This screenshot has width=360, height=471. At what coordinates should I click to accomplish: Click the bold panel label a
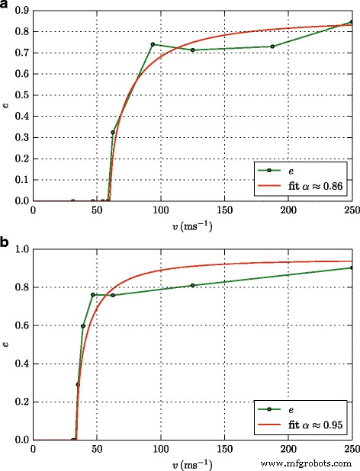pyautogui.click(x=6, y=6)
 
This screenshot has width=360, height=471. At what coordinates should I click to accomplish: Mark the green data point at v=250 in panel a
pyautogui.click(x=351, y=22)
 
